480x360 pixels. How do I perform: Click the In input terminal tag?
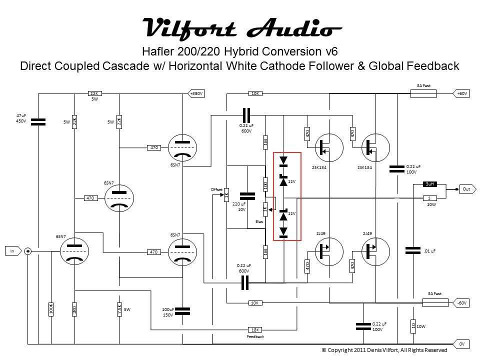[13, 251]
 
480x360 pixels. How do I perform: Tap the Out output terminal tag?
[467, 189]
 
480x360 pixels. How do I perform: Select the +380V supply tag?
[196, 93]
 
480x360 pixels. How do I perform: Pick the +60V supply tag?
[461, 93]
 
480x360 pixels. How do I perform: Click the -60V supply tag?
[461, 303]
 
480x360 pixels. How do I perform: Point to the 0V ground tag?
[461, 344]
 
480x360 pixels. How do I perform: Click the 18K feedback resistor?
[254, 330]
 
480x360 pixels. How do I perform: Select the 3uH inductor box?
[429, 184]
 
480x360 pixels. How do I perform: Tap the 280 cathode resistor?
[74, 309]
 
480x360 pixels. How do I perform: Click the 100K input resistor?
[51, 309]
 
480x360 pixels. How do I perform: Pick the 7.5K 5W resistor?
[119, 309]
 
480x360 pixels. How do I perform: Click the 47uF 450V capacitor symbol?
[38, 122]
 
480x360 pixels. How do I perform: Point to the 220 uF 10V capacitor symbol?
[247, 196]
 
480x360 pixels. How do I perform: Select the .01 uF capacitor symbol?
[413, 250]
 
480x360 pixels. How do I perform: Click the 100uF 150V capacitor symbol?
[182, 311]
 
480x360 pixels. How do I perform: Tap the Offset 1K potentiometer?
[226, 194]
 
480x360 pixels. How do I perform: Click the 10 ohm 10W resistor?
[413, 326]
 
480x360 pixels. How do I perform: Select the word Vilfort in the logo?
[189, 28]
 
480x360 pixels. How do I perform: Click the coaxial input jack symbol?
[28, 251]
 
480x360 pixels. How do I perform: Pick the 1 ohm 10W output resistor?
[429, 198]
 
